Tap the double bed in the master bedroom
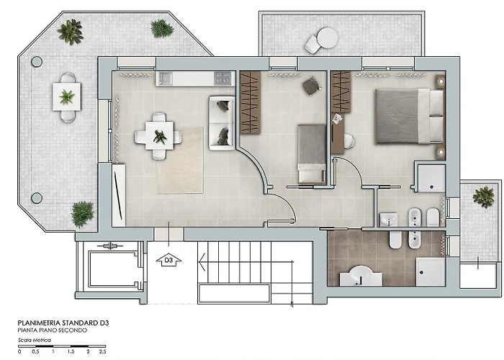[410, 117]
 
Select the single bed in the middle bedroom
[312, 153]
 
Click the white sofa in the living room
[222, 123]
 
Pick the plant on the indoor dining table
[160, 136]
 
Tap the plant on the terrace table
[66, 96]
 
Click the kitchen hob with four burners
[222, 78]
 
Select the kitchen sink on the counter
[164, 78]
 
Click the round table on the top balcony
[328, 37]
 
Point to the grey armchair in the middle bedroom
[311, 86]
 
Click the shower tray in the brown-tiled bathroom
[431, 271]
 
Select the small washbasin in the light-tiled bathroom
[389, 220]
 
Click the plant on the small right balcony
[483, 197]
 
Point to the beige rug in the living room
[180, 161]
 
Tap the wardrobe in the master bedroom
[341, 92]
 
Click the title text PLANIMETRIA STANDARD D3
[63, 323]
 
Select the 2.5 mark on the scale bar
[102, 351]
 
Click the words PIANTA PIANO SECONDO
[53, 330]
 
